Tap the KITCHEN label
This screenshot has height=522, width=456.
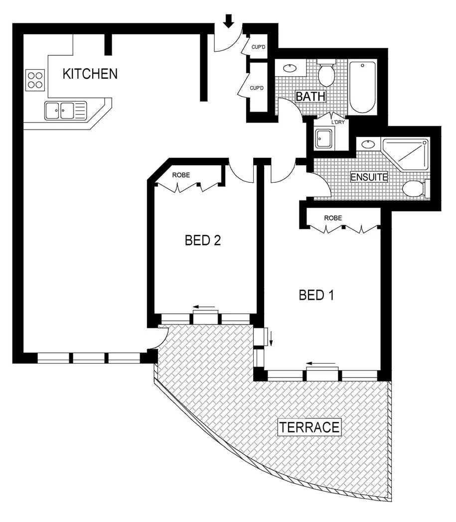pos(90,74)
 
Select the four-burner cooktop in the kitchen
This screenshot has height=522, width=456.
pos(35,80)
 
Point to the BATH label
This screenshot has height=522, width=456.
pos(310,96)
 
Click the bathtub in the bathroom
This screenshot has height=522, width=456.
pos(362,87)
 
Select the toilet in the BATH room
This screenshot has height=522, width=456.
pos(326,73)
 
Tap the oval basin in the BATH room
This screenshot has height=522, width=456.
pos(290,68)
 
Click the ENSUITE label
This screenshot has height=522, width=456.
pos(369,177)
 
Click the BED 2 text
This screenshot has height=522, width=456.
pos(202,241)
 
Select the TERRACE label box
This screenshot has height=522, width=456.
pos(309,427)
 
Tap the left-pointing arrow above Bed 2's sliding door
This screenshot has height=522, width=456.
pos(204,307)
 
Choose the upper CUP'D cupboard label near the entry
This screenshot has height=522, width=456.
pos(258,47)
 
